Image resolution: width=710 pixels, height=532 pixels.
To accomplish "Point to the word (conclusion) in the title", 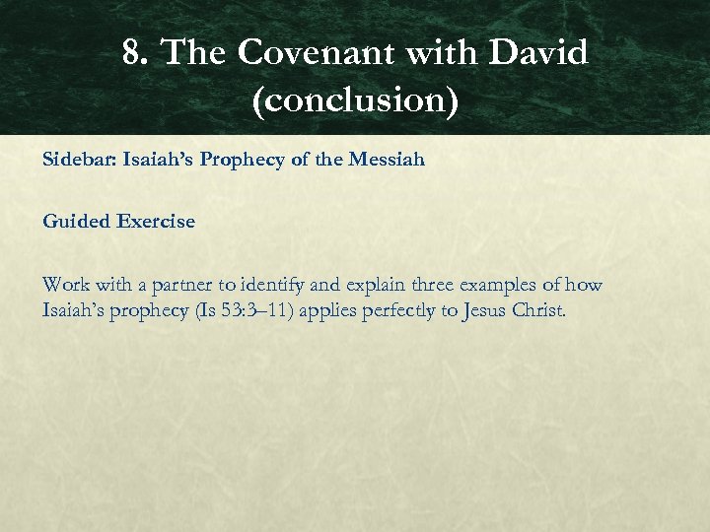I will tap(355, 100).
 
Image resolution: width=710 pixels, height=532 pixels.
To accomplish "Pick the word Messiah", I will tap(387, 159).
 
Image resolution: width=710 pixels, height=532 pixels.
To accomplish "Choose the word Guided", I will tap(75, 222).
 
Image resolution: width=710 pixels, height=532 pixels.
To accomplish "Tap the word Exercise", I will tap(155, 222).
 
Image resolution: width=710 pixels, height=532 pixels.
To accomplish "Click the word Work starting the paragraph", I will tap(65, 285).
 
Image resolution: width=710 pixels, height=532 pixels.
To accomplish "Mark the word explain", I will tap(373, 286).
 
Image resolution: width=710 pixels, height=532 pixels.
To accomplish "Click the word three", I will tap(432, 285).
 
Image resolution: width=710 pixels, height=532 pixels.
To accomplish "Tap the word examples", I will tap(502, 286).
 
